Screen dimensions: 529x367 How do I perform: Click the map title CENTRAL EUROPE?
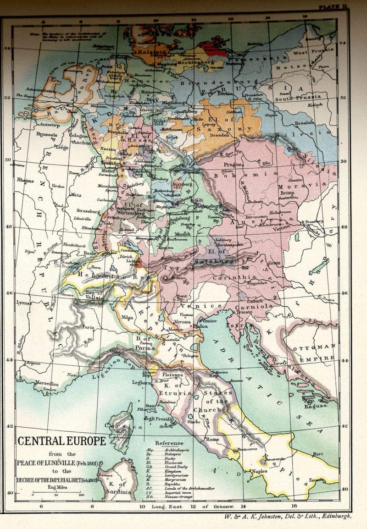(61, 441)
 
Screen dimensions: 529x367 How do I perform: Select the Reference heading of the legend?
(169, 443)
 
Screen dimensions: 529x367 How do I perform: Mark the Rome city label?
(213, 439)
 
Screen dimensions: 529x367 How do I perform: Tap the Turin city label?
(88, 327)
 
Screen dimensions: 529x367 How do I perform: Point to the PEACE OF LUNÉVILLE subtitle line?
(58, 463)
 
